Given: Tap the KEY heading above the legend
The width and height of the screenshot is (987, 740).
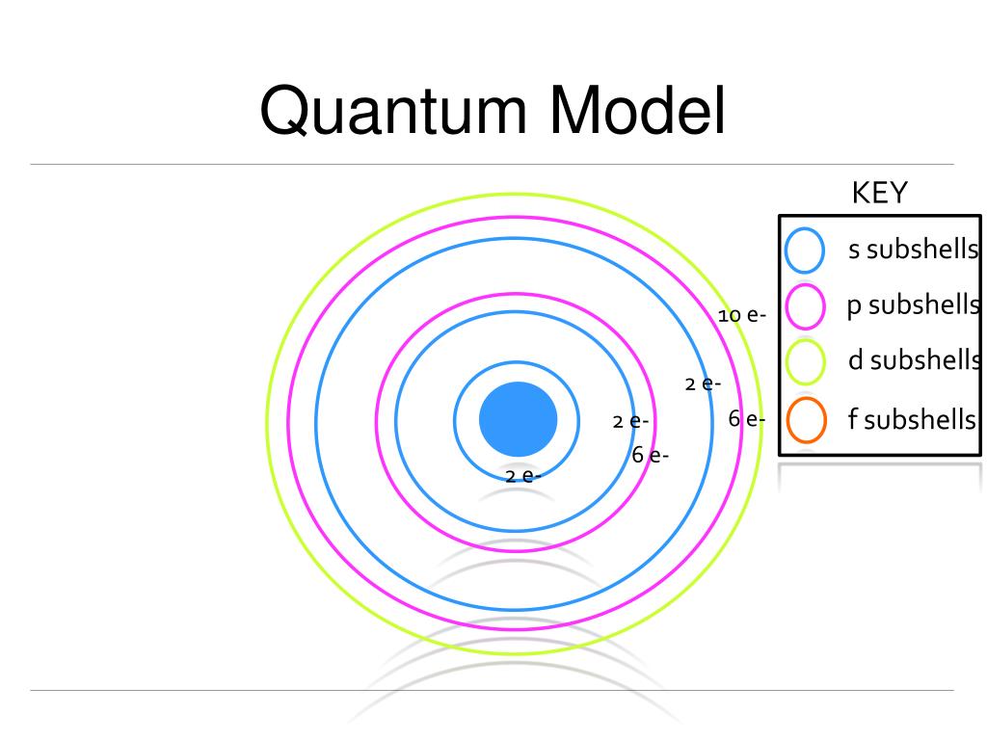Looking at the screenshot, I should (x=879, y=193).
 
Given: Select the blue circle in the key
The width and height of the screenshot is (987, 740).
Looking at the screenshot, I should (x=805, y=251).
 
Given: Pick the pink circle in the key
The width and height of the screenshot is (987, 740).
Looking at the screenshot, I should (x=805, y=306).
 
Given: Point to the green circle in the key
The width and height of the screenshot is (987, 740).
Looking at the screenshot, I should (x=805, y=362).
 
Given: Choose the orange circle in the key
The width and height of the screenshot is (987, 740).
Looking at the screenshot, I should (x=805, y=419).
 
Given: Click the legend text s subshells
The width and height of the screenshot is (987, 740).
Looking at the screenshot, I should (x=912, y=250).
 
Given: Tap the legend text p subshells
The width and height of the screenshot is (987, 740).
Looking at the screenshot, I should (x=912, y=305).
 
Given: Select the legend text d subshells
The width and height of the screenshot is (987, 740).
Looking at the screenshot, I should (x=912, y=361).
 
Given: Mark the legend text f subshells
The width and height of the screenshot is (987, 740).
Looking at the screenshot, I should (x=912, y=420).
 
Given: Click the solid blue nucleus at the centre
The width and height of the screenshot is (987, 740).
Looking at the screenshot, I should (x=519, y=419).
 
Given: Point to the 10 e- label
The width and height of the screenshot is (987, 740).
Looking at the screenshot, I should (x=741, y=315).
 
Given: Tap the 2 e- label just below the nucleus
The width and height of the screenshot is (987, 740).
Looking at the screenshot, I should (x=523, y=475).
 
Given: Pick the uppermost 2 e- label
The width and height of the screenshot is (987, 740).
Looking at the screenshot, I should (x=703, y=383).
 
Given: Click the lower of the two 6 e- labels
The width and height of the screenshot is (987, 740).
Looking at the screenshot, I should (x=651, y=455).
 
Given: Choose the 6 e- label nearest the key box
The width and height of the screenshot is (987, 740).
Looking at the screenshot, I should (x=747, y=419).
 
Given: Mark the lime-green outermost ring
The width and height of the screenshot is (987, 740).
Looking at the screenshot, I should (x=268, y=424).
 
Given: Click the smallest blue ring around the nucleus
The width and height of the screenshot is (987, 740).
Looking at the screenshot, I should (x=455, y=420).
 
